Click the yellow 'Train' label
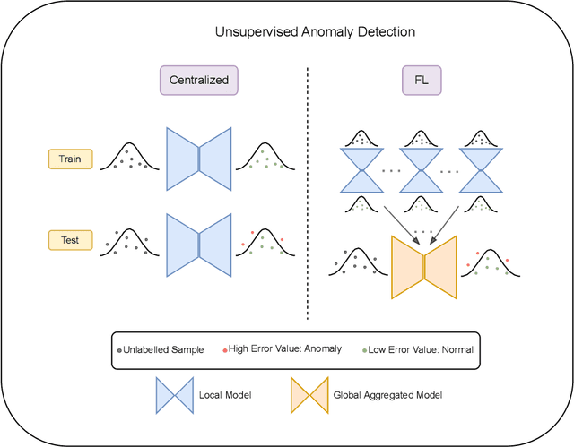pos(69,159)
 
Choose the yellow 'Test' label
pos(69,239)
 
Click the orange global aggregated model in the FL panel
pos(424,266)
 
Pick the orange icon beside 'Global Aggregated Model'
pos(308,394)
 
